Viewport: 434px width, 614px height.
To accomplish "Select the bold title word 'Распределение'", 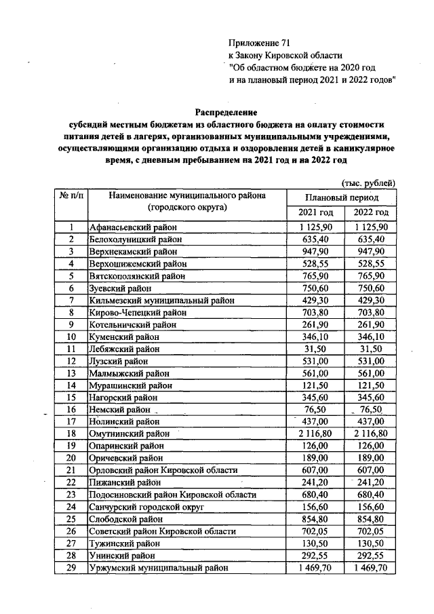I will coord(227,111).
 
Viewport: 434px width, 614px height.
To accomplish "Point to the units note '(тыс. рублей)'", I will coord(367,182).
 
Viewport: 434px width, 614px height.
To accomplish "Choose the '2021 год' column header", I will coord(315,213).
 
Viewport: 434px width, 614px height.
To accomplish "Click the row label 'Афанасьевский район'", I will coord(132,227).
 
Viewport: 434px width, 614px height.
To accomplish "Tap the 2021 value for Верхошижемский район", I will coord(315,264).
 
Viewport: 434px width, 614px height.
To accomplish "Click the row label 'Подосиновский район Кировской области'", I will coord(172,495).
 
